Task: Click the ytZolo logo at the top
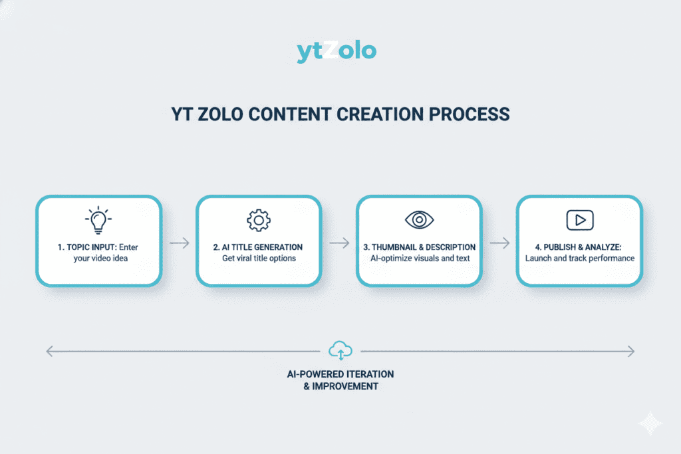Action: point(337,51)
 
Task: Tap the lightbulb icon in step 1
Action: point(98,221)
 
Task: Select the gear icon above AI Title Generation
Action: point(258,221)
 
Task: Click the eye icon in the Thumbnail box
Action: point(419,220)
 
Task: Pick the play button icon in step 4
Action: point(579,220)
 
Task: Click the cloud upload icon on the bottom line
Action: point(340,350)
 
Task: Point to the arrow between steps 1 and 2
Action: point(179,243)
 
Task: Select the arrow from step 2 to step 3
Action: point(339,243)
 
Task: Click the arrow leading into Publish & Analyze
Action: point(499,243)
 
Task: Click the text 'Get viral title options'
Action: point(258,259)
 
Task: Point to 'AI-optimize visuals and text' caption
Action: point(419,259)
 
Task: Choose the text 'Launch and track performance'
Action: point(579,259)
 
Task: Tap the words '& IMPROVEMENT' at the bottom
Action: point(340,386)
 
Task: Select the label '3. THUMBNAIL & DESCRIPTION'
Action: point(419,247)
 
